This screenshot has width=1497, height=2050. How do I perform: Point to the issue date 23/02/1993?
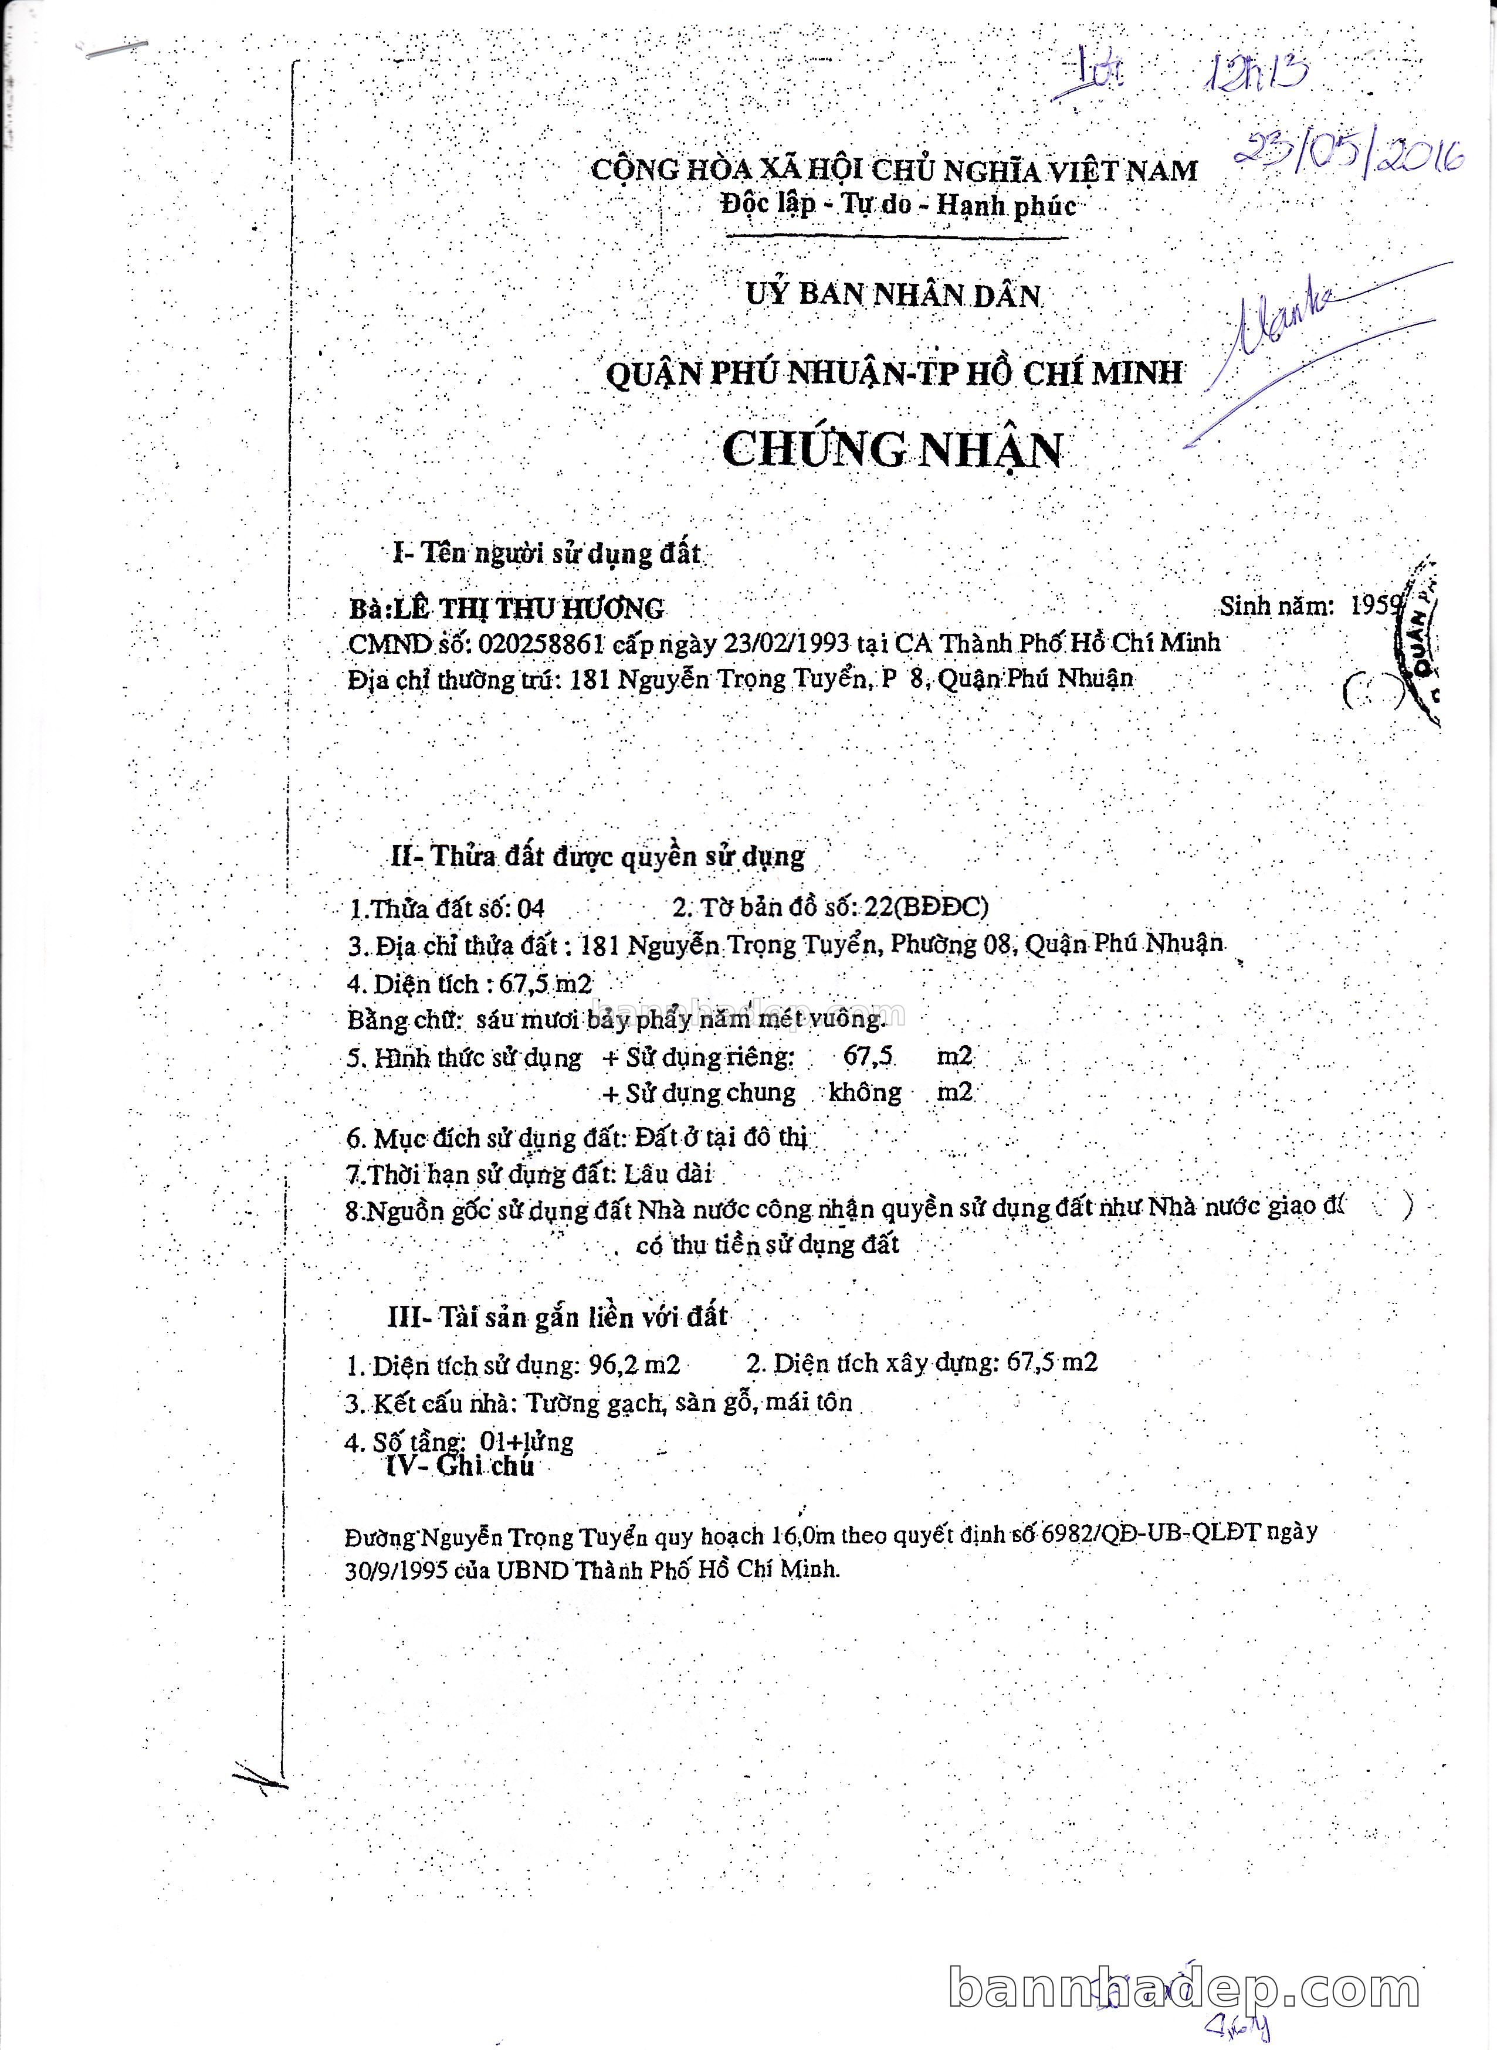coord(785,643)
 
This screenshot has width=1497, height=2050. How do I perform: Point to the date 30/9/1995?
coord(396,1570)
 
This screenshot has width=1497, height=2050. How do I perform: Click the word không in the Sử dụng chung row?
coord(865,1092)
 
